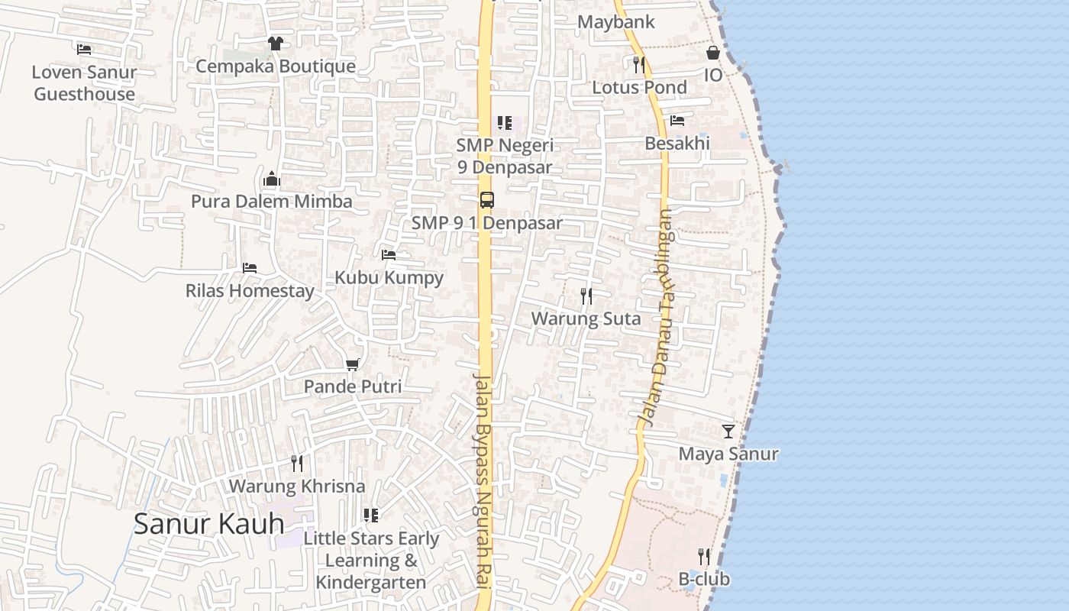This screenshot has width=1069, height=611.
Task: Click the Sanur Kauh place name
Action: [x=208, y=524]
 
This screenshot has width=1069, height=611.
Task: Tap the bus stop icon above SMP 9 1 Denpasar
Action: [x=486, y=200]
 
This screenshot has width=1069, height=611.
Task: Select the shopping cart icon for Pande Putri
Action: [x=352, y=364]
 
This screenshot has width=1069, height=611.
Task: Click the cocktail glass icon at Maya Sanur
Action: [x=728, y=432]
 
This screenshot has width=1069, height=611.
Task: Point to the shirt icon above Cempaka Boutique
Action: [x=275, y=44]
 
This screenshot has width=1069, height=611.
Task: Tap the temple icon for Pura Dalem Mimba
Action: [x=271, y=180]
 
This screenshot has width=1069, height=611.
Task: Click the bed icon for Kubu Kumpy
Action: [x=389, y=255]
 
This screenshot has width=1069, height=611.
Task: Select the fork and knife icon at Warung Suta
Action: [x=586, y=296]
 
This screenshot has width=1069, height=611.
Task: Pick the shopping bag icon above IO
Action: [x=712, y=53]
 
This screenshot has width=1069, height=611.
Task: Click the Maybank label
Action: [x=615, y=22]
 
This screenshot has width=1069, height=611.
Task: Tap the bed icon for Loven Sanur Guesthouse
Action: [x=84, y=50]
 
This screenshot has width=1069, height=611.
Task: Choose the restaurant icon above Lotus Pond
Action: [x=639, y=65]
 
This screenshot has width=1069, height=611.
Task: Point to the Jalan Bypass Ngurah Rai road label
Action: [x=484, y=481]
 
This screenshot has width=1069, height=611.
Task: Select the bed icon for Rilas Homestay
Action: [x=249, y=268]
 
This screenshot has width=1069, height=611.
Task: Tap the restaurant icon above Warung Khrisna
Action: [x=296, y=463]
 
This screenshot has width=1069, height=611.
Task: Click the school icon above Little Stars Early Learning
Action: [x=371, y=516]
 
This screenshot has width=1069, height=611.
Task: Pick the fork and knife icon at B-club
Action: [x=703, y=556]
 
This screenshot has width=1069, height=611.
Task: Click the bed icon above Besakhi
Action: [x=677, y=121]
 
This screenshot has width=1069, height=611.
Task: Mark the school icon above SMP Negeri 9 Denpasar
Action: [x=504, y=122]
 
